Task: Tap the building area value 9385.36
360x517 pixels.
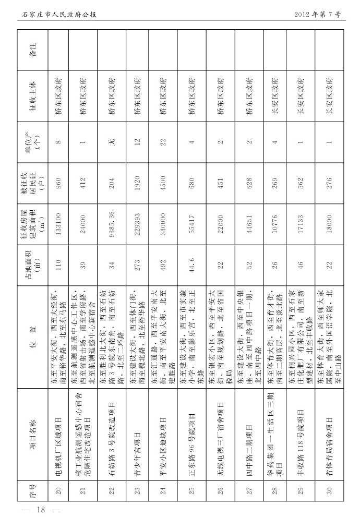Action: coord(111,226)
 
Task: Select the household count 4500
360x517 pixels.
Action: coord(163,184)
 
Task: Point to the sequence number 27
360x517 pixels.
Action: coord(249,490)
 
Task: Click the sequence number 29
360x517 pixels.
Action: coord(301,490)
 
